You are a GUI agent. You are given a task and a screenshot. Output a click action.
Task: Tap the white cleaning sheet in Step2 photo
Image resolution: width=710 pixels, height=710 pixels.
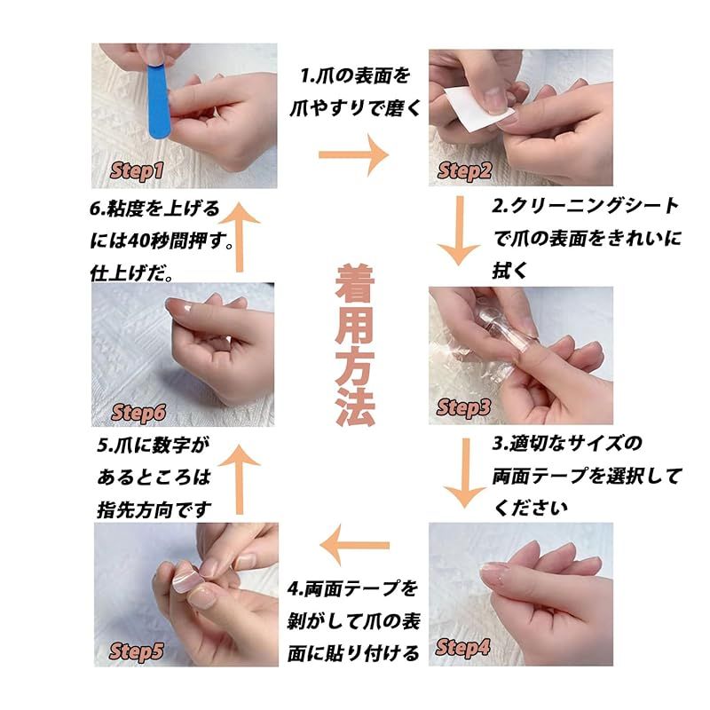tap(471, 109)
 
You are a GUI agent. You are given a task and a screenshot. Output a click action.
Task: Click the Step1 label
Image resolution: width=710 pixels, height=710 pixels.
tap(137, 171)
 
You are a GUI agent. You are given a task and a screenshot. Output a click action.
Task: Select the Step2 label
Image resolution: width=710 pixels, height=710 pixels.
tap(464, 171)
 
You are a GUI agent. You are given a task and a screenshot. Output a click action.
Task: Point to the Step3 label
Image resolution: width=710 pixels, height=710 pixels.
tap(463, 407)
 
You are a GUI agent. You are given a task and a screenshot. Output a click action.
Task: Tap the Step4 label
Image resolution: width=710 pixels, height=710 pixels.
tap(462, 648)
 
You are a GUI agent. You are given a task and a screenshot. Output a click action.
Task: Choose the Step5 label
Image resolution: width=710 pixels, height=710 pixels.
tap(137, 651)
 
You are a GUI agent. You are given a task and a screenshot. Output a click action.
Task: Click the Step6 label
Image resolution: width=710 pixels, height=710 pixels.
tap(138, 413)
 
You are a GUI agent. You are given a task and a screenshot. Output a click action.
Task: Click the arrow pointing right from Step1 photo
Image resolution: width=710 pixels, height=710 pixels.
tap(353, 154)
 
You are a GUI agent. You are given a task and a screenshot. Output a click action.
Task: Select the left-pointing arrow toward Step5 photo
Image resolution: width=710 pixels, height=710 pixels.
tap(354, 545)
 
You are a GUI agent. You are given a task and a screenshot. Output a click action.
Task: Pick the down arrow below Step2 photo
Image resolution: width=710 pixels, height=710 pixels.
tap(460, 231)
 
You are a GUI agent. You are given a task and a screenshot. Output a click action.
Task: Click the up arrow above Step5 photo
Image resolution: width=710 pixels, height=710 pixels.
tap(239, 479)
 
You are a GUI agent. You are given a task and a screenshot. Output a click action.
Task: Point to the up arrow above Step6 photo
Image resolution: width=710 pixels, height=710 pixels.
tap(239, 237)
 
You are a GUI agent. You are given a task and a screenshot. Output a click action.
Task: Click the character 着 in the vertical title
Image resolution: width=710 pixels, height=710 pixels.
tap(355, 284)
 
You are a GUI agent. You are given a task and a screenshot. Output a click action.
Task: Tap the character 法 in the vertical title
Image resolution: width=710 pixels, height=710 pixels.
tap(355, 406)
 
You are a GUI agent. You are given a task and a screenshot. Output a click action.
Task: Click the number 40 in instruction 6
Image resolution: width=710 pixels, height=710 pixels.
tap(138, 241)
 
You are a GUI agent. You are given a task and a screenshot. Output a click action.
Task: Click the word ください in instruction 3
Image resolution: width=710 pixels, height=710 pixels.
tap(530, 508)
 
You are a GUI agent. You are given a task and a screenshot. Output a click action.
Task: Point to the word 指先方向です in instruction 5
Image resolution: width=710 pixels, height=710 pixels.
tap(154, 510)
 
